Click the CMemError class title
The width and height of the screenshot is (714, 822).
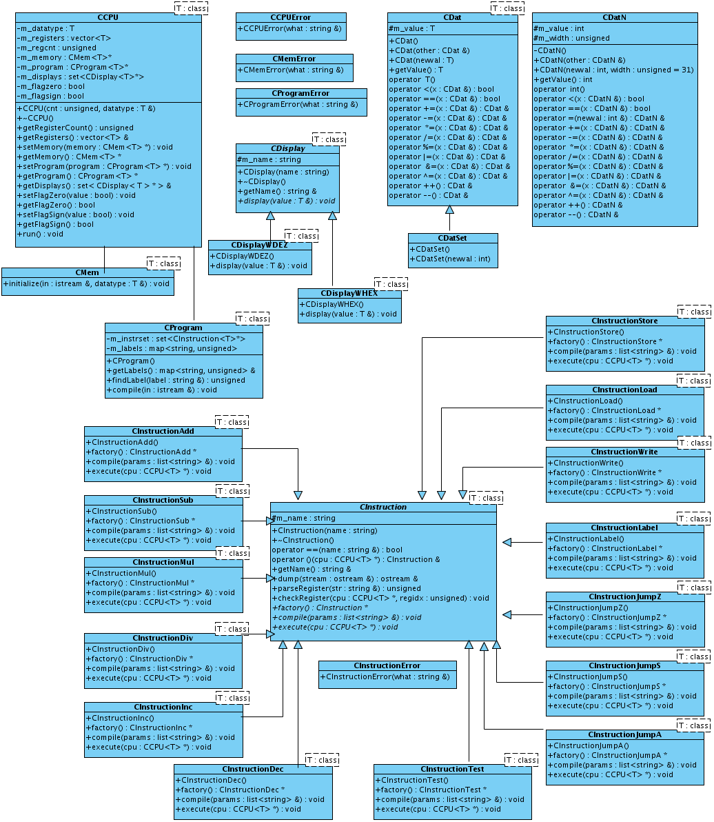[294, 59]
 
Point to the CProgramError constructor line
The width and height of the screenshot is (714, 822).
[298, 104]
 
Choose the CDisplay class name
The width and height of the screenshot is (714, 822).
[288, 148]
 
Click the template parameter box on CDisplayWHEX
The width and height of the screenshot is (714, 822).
[391, 284]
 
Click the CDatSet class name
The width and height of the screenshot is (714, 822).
[452, 238]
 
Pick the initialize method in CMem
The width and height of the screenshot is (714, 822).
[87, 283]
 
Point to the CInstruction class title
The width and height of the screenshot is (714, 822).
[383, 507]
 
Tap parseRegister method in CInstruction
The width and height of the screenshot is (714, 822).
[346, 588]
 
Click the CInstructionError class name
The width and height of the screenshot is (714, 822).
[387, 665]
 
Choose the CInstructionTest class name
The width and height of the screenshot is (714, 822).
[452, 769]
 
